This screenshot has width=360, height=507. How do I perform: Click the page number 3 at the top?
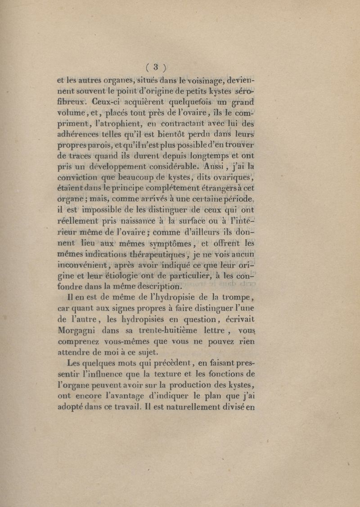point(154,68)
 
